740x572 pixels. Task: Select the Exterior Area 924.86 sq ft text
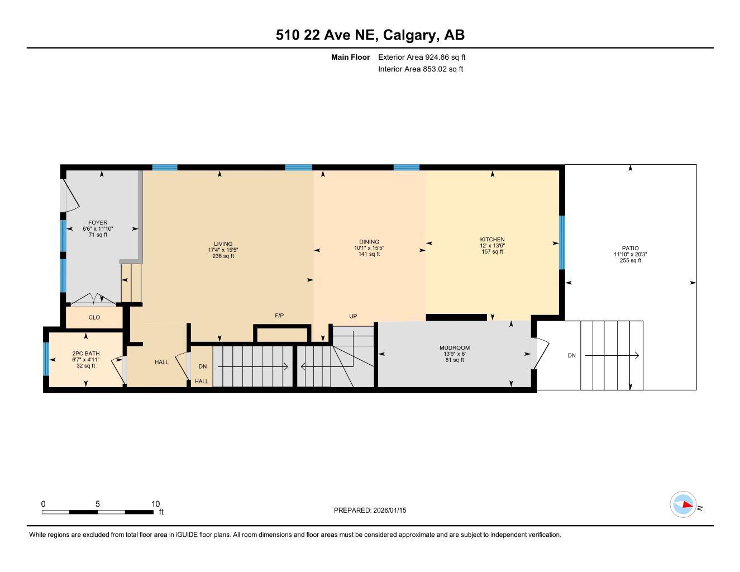[x=421, y=57]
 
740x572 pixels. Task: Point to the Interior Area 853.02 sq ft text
[x=420, y=69]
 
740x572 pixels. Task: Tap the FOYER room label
[x=98, y=223]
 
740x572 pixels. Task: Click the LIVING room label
[x=223, y=244]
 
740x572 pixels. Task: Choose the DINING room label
[x=369, y=242]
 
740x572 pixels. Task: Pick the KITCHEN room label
[x=492, y=240]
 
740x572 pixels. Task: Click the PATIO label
[x=630, y=249]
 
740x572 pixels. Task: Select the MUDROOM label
[x=454, y=348]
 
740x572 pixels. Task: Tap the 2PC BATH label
[x=86, y=354]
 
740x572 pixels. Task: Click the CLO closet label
[x=94, y=317]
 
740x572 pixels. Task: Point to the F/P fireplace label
[x=279, y=316]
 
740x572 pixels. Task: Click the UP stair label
[x=353, y=317]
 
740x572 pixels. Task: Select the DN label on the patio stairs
[x=571, y=355]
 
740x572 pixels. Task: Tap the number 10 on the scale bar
[x=156, y=503]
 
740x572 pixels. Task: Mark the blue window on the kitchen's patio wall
[x=562, y=243]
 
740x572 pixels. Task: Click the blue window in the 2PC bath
[x=46, y=359]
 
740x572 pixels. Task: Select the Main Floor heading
[x=350, y=57]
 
